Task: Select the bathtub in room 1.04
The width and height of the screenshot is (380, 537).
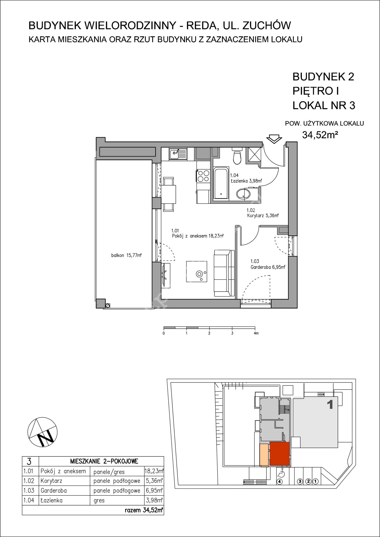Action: pos(221,183)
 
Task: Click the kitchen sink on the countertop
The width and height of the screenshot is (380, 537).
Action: pos(178,154)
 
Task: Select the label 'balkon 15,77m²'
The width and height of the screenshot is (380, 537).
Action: pos(126,256)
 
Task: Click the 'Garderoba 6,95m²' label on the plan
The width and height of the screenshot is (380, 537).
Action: pos(267,267)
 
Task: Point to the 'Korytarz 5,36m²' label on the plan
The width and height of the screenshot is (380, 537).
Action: pos(262,215)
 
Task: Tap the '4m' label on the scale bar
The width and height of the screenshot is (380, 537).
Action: pos(256,333)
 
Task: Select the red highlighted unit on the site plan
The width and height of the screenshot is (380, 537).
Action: pos(280,453)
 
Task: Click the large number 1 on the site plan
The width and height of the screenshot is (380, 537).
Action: pos(330,404)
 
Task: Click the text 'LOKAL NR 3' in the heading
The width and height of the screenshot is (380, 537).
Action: pos(324,105)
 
